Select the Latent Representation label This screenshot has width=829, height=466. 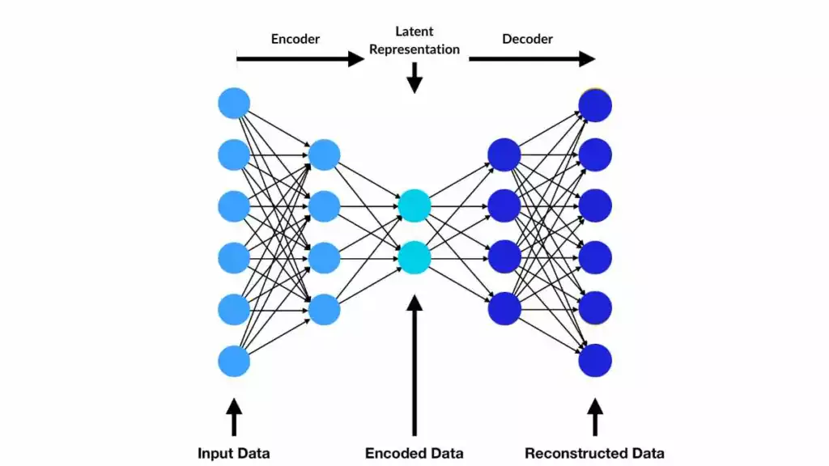(x=414, y=40)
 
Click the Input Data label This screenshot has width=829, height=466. (x=234, y=453)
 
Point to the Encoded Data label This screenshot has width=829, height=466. (x=414, y=453)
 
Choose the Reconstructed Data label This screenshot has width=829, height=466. (x=594, y=453)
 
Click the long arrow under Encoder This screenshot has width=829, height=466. (x=300, y=58)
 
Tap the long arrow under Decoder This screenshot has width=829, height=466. (x=531, y=58)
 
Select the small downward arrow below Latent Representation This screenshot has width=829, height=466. (x=414, y=78)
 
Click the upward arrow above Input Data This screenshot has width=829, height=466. (x=234, y=417)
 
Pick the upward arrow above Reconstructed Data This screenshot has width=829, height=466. (x=596, y=417)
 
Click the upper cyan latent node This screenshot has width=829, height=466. (x=414, y=205)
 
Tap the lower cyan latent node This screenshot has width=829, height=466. (x=414, y=256)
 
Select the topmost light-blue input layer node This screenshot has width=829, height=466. (x=234, y=104)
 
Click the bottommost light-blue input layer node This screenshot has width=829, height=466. (x=234, y=360)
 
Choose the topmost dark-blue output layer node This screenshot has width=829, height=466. (x=595, y=104)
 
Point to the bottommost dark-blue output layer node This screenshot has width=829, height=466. (x=595, y=360)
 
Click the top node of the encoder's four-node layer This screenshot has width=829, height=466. (x=325, y=155)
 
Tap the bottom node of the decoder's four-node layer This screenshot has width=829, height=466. (x=504, y=308)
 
